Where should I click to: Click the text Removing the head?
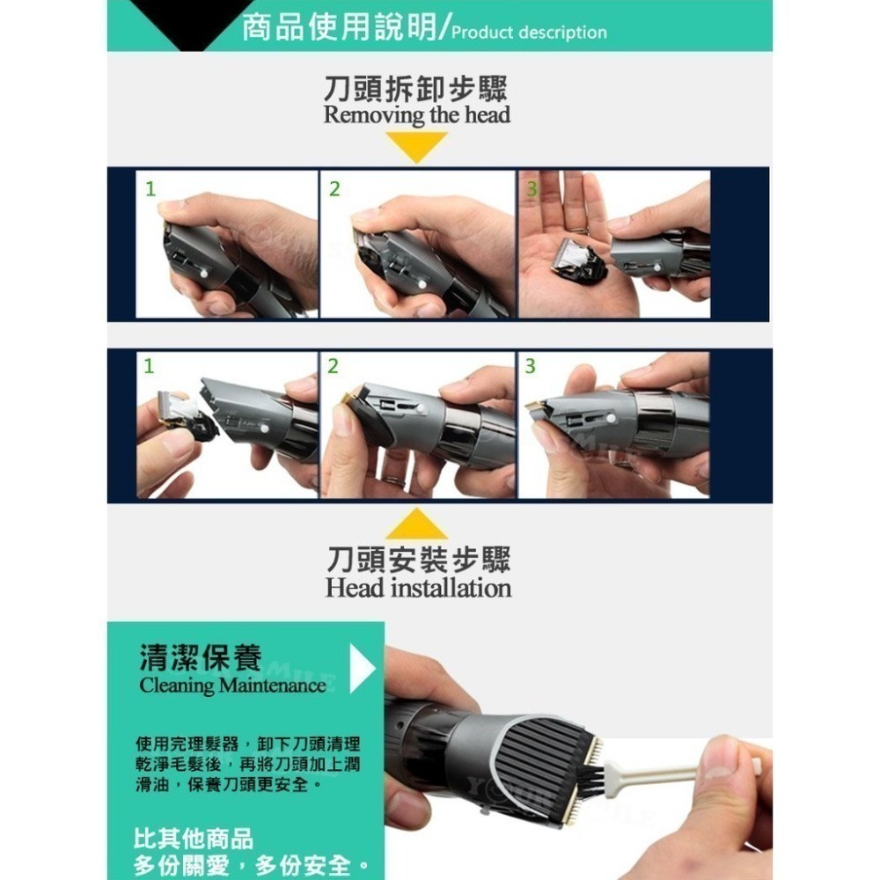(x=416, y=115)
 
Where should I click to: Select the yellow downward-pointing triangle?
(x=416, y=147)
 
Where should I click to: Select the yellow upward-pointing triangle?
(x=416, y=524)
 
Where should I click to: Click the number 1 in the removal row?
(x=150, y=188)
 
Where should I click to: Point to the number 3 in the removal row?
(x=531, y=188)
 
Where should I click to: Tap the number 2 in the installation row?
(x=333, y=367)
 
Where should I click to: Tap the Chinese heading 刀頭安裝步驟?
(x=418, y=559)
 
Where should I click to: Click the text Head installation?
(x=418, y=587)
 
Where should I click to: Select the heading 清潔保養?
(x=200, y=657)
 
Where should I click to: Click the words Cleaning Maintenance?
(x=232, y=686)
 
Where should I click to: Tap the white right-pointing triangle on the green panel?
(x=361, y=670)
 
